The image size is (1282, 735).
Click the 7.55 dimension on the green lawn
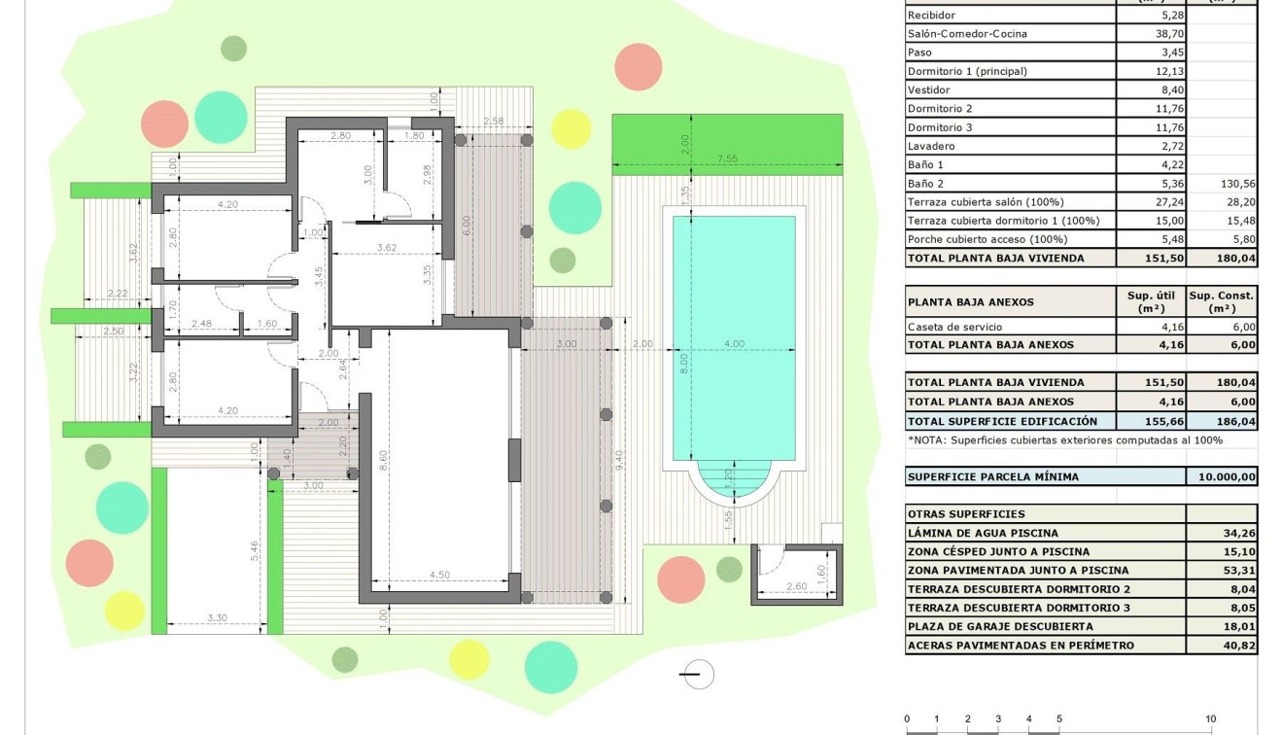[x=727, y=158]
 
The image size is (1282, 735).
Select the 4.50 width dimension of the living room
[x=440, y=575]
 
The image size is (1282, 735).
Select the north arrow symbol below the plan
[x=696, y=674]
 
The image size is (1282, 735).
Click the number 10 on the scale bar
[x=1210, y=719]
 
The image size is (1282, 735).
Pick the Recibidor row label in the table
[x=931, y=16]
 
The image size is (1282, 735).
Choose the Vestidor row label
[x=928, y=89]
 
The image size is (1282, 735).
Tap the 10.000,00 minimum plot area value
[x=1222, y=477]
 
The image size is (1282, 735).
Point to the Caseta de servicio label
[x=953, y=327]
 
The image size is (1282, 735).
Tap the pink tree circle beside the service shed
[x=680, y=579]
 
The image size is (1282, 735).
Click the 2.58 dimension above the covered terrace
[x=494, y=122]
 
